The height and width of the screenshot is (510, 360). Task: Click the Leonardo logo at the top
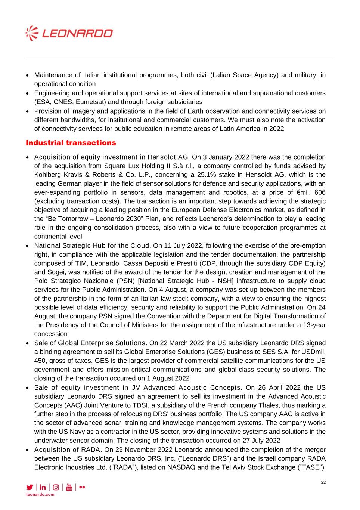pos(69,34)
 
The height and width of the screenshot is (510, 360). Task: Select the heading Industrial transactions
pos(71,143)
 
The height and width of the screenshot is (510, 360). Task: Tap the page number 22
pos(323,482)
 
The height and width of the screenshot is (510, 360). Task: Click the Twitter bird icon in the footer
pos(30,487)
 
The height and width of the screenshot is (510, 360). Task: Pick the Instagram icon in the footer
pos(56,487)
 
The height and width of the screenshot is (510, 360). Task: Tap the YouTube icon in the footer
pos(69,487)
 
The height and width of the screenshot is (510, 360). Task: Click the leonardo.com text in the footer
pos(40,494)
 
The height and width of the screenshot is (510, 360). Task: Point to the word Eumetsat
pos(90,102)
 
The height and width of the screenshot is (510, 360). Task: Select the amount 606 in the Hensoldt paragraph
pos(320,192)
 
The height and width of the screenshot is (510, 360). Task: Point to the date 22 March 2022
pos(181,343)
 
